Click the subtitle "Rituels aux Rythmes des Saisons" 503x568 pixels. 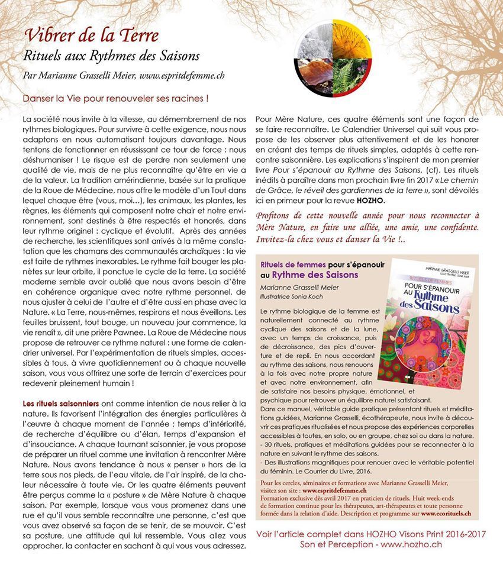111,56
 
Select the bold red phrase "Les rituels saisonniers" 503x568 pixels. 55,403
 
